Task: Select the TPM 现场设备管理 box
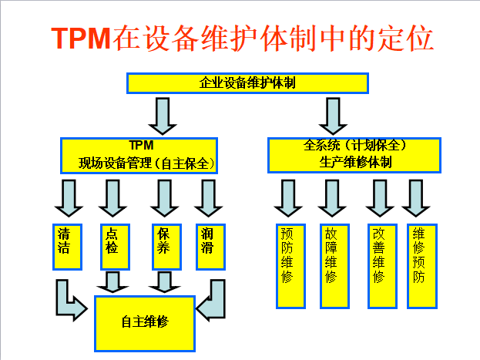(139, 154)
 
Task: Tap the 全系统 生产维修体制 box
(354, 154)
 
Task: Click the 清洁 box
(68, 247)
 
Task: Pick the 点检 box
(112, 247)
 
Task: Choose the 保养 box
(166, 247)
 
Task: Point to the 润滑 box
(209, 247)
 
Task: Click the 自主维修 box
(145, 322)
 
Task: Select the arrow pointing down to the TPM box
(162, 115)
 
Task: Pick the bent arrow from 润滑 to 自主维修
(211, 300)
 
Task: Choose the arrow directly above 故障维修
(331, 198)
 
